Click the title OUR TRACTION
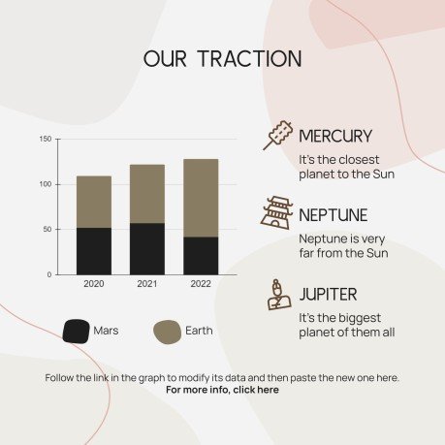222,58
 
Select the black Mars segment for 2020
94,251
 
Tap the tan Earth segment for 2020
94,202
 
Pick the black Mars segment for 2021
147,248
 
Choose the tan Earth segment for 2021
147,194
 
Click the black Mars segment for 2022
201,255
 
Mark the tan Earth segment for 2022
201,198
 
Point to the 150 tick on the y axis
46,140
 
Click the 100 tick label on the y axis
46,184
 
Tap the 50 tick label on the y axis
48,230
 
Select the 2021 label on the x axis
147,284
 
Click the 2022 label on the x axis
201,284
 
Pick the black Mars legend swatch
76,331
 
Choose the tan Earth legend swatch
168,331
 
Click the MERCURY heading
335,136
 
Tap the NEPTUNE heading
333,214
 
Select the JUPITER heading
329,294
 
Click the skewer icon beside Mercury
277,136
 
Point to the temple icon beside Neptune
275,212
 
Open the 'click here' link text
255,390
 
